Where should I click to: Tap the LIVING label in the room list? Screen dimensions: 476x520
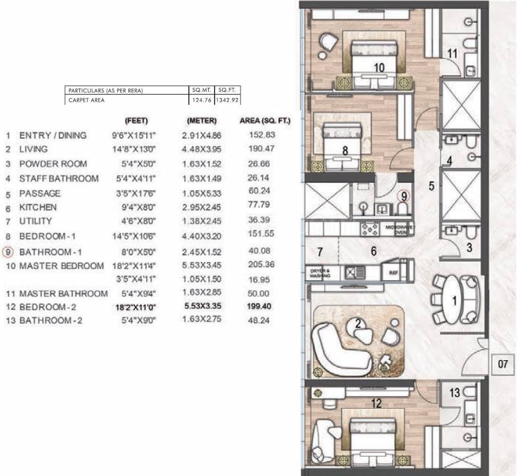[x=33, y=149]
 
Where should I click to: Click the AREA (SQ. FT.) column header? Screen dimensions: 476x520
[x=265, y=120]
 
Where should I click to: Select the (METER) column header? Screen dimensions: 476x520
[x=201, y=120]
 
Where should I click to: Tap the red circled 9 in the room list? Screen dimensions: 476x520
[x=8, y=252]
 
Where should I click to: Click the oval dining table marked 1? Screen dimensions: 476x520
[x=456, y=300]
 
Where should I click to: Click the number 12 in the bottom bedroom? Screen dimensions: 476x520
[x=376, y=403]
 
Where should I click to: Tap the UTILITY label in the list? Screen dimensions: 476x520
[x=35, y=221]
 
